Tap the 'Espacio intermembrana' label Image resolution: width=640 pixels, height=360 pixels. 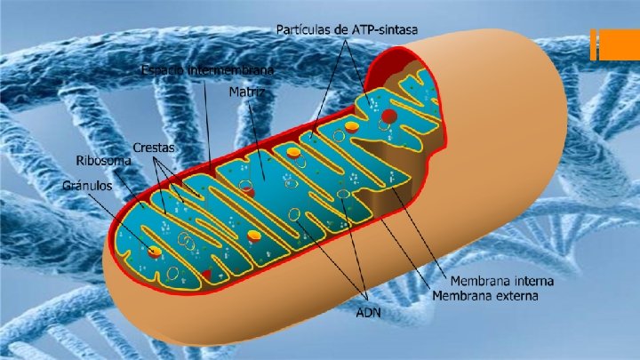pyautogui.click(x=208, y=69)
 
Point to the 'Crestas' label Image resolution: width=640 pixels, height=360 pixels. pyautogui.click(x=154, y=146)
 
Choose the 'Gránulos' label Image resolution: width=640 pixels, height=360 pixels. pyautogui.click(x=87, y=186)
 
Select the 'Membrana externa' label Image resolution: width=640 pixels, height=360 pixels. pyautogui.click(x=486, y=294)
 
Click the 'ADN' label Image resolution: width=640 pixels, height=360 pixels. pyautogui.click(x=368, y=312)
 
